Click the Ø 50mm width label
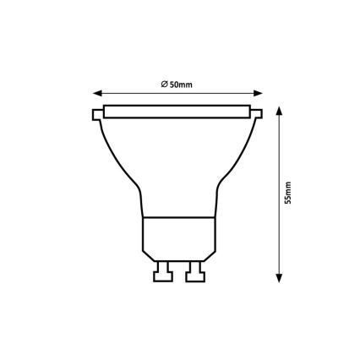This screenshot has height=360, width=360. pos(176,83)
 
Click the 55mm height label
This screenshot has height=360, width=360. pos(287,193)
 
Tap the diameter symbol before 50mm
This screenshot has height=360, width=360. pos(163,83)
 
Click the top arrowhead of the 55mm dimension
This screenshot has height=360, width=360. pos(277,107)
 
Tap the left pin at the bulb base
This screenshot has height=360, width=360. pos(163,272)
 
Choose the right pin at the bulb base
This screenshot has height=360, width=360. pos(194,272)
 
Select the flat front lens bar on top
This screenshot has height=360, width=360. pos(177,111)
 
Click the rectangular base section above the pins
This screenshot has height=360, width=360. pos(177,237)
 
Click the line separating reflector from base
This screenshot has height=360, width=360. pos(177,217)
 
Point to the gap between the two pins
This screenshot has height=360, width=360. pos(178,272)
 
